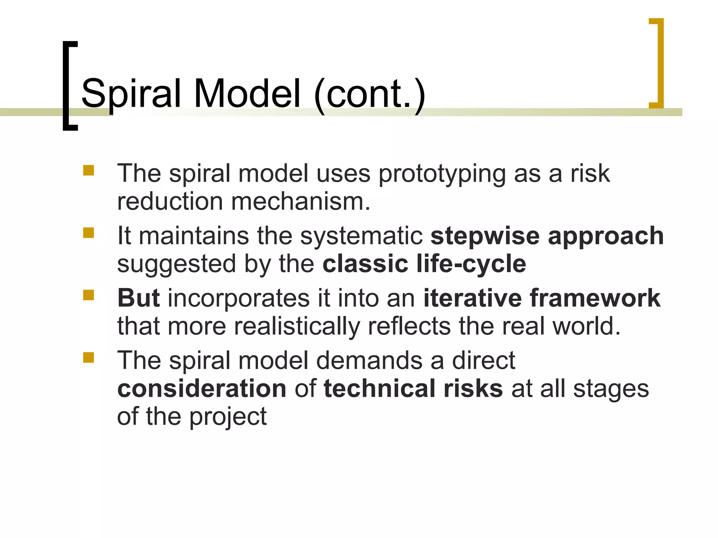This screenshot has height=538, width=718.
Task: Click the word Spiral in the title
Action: [x=130, y=94]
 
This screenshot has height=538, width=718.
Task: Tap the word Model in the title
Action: [x=247, y=94]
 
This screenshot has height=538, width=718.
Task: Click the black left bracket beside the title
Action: [x=67, y=86]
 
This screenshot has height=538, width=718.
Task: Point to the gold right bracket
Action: [x=658, y=63]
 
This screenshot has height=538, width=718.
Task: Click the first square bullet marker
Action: [x=89, y=171]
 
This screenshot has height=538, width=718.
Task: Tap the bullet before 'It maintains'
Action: [x=89, y=233]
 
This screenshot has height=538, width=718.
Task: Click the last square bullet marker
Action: [x=89, y=358]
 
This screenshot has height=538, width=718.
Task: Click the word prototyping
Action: [x=442, y=174]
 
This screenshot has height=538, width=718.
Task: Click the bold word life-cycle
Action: [x=471, y=264]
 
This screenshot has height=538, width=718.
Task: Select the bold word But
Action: [x=139, y=298]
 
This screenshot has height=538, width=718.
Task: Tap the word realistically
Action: [x=297, y=326]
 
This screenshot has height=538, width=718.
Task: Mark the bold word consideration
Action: [x=202, y=389]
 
